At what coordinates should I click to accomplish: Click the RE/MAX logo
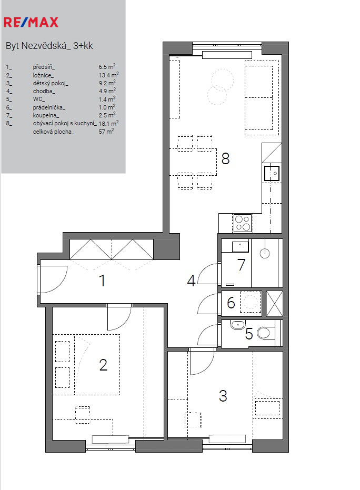pos(31,22)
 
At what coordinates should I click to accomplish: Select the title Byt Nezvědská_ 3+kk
pos(49,46)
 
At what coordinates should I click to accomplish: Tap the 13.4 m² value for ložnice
pos(108,75)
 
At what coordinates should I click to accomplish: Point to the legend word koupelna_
pos(46,115)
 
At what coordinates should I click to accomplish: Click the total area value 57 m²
pos(106,132)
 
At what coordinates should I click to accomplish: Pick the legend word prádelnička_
pos(49,107)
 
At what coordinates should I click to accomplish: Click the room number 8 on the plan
pos(225,158)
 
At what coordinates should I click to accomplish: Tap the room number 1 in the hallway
pos(102,281)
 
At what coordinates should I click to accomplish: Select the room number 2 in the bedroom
pos(103,365)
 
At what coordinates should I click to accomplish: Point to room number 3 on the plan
pos(223,396)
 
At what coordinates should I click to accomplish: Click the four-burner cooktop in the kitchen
pos(243,223)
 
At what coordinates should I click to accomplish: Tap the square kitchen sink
pos(272,173)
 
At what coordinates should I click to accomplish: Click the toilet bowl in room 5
pos(265,333)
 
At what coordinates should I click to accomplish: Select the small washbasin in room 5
pos(238,325)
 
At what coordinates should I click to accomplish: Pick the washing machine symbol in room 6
pos(251,302)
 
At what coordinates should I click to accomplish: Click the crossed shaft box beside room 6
pos(274,303)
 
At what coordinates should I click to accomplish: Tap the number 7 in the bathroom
pos(241,265)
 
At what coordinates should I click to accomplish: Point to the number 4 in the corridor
pos(191,281)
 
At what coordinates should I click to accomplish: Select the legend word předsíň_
pos(44,67)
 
